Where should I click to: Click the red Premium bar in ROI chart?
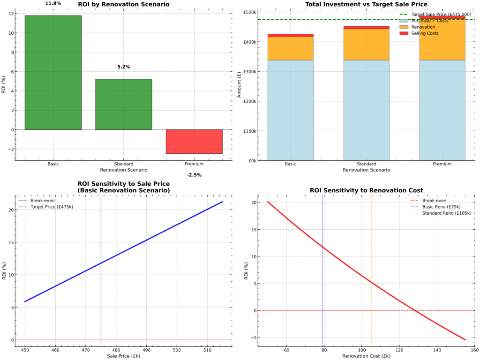tap(194, 142)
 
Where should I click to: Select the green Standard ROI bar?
tap(123, 104)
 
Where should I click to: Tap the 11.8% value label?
tap(53, 3)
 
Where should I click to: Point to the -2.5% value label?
tap(194, 175)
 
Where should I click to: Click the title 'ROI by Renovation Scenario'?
tap(123, 5)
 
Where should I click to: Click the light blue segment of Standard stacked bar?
tap(366, 110)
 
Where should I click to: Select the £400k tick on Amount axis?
tap(249, 42)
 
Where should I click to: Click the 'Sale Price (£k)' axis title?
tap(123, 356)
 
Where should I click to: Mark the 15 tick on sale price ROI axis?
tap(11, 242)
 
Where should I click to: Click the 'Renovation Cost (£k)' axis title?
tap(366, 356)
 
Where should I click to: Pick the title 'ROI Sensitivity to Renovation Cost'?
tap(366, 190)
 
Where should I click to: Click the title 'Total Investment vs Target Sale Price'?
tap(366, 5)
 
